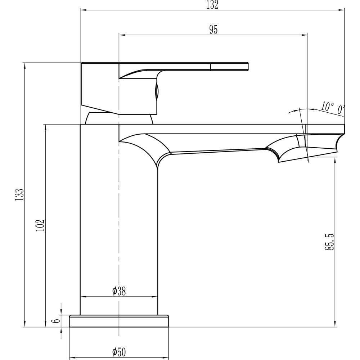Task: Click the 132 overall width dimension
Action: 212,5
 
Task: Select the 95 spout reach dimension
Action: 213,30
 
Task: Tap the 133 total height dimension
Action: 19,195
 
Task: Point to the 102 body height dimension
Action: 40,225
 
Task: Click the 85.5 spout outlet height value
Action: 330,242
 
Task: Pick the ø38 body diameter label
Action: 119,291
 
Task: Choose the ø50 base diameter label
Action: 119,352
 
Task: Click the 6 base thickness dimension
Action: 57,320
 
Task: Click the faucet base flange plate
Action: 119,321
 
